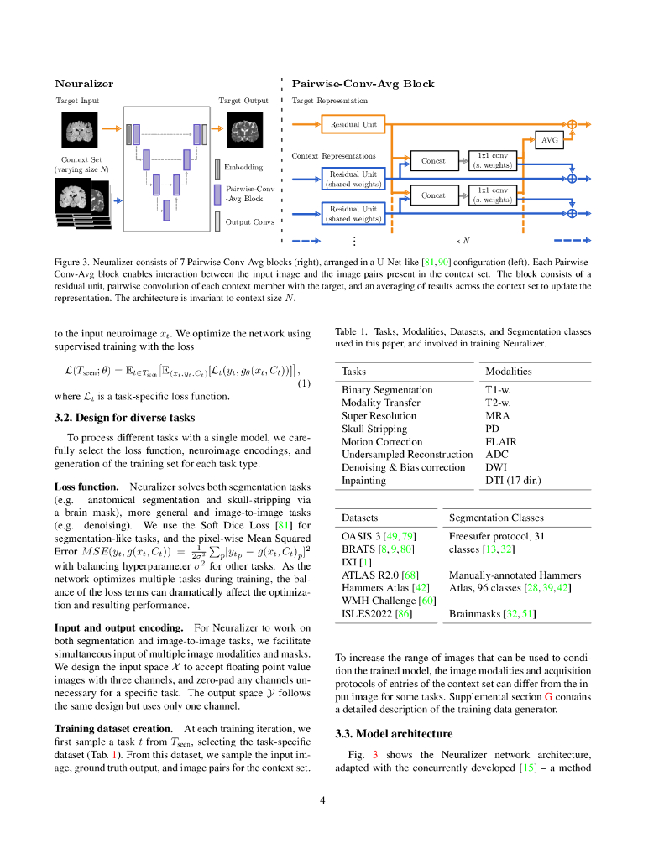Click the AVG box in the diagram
pyautogui.click(x=549, y=140)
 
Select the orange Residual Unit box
pyautogui.click(x=353, y=124)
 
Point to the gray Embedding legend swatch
pyautogui.click(x=217, y=167)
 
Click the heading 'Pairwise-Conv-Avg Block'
pyautogui.click(x=363, y=84)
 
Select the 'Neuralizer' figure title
pyautogui.click(x=84, y=84)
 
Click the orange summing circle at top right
pyautogui.click(x=573, y=124)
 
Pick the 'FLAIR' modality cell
pyautogui.click(x=501, y=442)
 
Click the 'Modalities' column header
pyautogui.click(x=509, y=372)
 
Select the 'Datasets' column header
pyautogui.click(x=360, y=518)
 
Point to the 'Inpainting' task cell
pyautogui.click(x=363, y=481)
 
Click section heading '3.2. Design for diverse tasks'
pyautogui.click(x=124, y=418)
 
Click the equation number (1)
pyautogui.click(x=304, y=384)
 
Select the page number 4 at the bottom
pyautogui.click(x=322, y=799)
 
